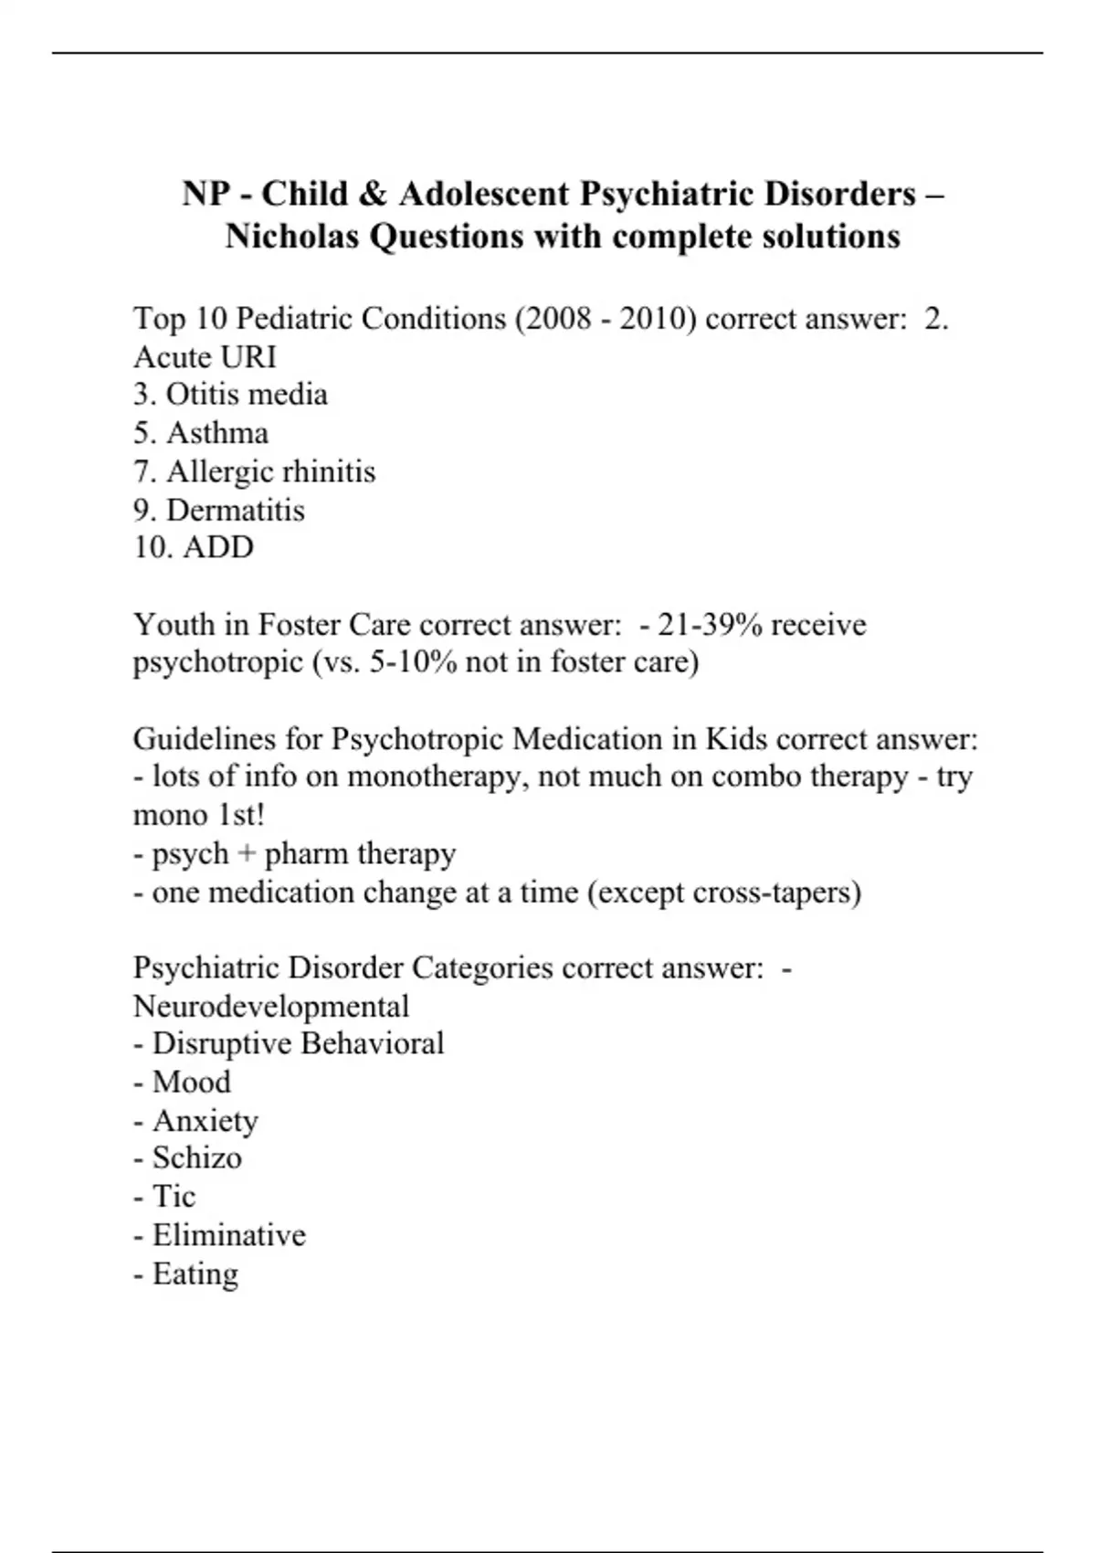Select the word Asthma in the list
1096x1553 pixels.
coord(217,433)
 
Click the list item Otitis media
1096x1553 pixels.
coord(230,395)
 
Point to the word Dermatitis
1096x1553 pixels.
coord(236,510)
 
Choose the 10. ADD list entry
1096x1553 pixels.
coord(194,547)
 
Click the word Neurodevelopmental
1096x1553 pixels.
coord(271,1007)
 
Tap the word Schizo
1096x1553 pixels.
coord(197,1158)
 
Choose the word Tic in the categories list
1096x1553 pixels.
coord(174,1197)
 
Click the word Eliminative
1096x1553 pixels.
coord(229,1235)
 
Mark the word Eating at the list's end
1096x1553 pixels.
coord(195,1273)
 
